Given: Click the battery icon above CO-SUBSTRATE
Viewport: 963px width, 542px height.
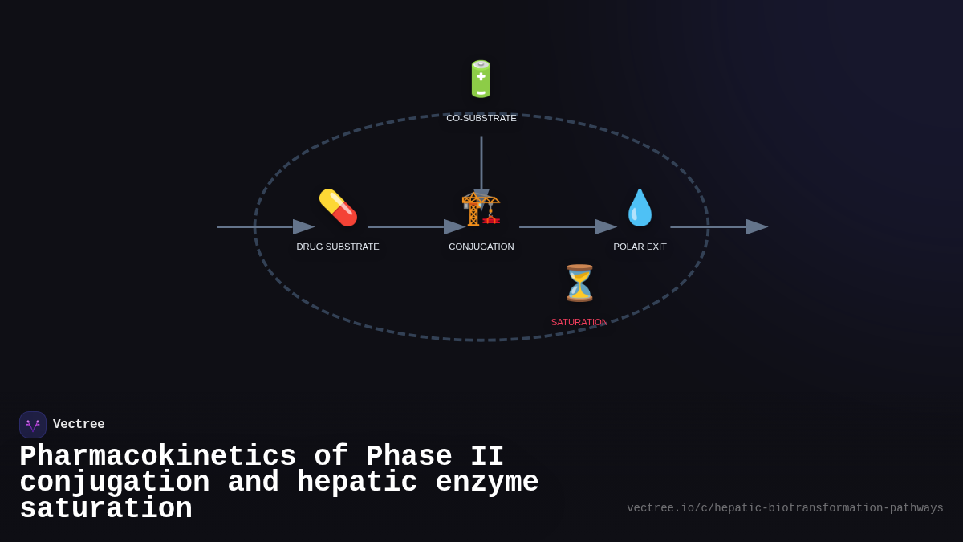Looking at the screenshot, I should point(481,79).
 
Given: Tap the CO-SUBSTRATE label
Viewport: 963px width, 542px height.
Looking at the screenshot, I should point(481,118).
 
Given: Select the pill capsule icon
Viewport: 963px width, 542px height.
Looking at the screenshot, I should point(338,208).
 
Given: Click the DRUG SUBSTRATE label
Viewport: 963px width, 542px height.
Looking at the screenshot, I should point(338,247).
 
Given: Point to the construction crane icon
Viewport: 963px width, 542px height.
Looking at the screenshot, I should point(481,209).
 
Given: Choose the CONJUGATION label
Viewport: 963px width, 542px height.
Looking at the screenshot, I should point(481,247).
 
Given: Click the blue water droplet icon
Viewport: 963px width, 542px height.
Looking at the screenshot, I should point(640,208).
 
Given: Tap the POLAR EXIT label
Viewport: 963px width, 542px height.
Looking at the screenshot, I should point(640,247).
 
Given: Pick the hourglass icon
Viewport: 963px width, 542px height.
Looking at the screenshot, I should point(579,283).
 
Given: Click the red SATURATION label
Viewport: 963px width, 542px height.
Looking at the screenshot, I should point(579,322).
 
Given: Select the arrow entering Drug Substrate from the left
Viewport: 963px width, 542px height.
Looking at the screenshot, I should point(265,227).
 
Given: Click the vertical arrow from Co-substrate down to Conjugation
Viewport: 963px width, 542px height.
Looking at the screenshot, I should point(481,165).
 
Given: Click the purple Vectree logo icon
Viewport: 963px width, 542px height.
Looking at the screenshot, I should point(33,425).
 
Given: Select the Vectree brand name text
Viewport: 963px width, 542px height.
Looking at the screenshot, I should point(79,425).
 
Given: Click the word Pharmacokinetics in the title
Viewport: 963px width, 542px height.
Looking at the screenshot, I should point(157,457).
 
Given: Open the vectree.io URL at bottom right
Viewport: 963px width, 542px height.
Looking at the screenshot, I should point(785,508).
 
